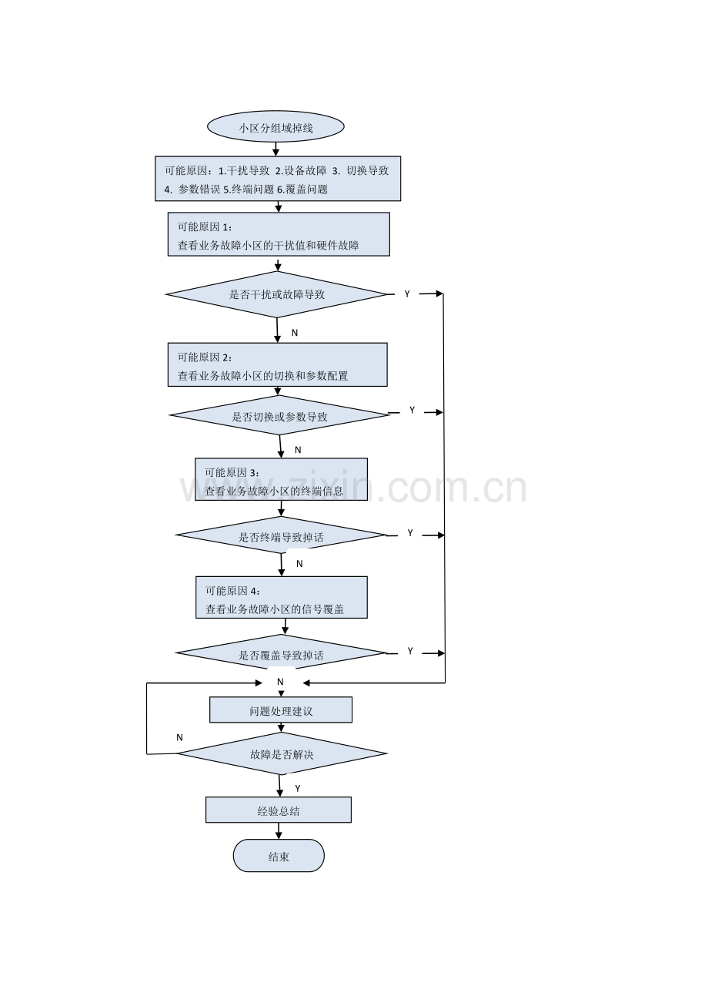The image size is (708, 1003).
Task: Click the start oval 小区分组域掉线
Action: point(276,126)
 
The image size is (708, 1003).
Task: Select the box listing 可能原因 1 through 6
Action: point(278,178)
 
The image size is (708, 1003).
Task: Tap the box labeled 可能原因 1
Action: point(279,234)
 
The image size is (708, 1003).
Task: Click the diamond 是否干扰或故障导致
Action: point(276,294)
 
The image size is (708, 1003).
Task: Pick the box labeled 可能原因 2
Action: point(277,364)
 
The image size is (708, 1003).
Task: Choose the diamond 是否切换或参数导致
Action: point(279,415)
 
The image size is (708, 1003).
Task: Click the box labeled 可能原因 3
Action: point(281,479)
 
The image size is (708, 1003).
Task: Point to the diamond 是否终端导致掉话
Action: point(281,535)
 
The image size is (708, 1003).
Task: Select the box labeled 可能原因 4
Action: point(282,597)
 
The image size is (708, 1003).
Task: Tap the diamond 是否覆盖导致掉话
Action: point(281,652)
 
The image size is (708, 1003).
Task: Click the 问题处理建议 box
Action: point(281,709)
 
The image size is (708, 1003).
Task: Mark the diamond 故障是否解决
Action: point(282,753)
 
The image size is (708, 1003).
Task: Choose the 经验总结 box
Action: point(278,810)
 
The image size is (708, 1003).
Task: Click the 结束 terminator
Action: point(279,856)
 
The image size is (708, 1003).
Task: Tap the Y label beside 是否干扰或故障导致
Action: point(407,294)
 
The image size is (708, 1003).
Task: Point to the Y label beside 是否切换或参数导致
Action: point(412,410)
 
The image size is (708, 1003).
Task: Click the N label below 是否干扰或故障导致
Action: point(294,333)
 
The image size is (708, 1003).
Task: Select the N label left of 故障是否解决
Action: point(179,737)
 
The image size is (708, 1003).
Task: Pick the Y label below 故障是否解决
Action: point(297,788)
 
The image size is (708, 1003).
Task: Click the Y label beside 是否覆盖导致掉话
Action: point(409,651)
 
